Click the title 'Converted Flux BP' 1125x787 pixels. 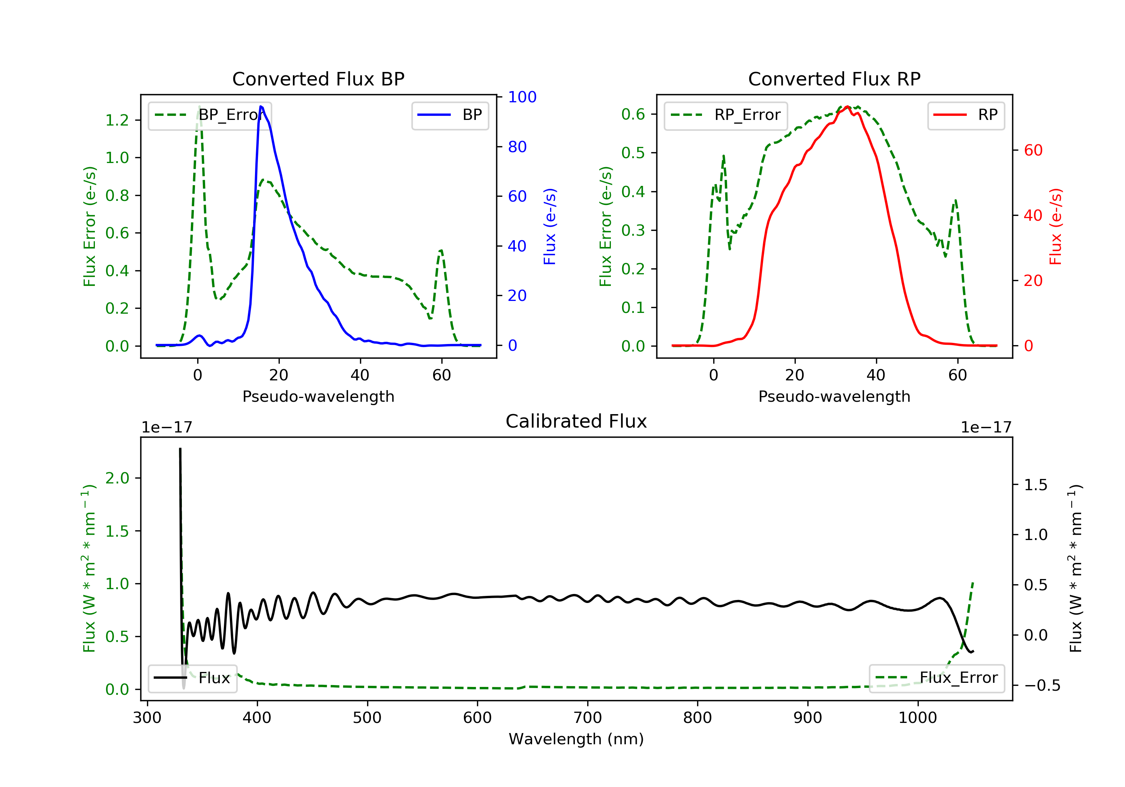pos(318,79)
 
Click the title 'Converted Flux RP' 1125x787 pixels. pos(834,79)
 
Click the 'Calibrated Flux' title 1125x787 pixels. pos(576,421)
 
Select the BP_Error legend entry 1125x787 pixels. pos(210,115)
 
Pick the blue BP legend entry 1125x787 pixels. pos(450,115)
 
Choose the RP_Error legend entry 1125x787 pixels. pos(726,115)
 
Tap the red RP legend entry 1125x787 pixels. pos(966,115)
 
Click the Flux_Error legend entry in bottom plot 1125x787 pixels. pos(937,678)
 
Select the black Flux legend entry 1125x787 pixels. pos(193,678)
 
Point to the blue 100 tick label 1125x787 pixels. pos(522,97)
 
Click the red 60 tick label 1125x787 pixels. pos(1033,150)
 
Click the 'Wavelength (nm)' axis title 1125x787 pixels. pos(576,739)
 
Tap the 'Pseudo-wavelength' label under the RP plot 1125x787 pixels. pos(834,396)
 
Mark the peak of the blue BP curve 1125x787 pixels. pos(261,106)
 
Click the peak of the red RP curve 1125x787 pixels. pos(847,107)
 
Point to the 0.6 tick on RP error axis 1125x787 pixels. pos(633,114)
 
